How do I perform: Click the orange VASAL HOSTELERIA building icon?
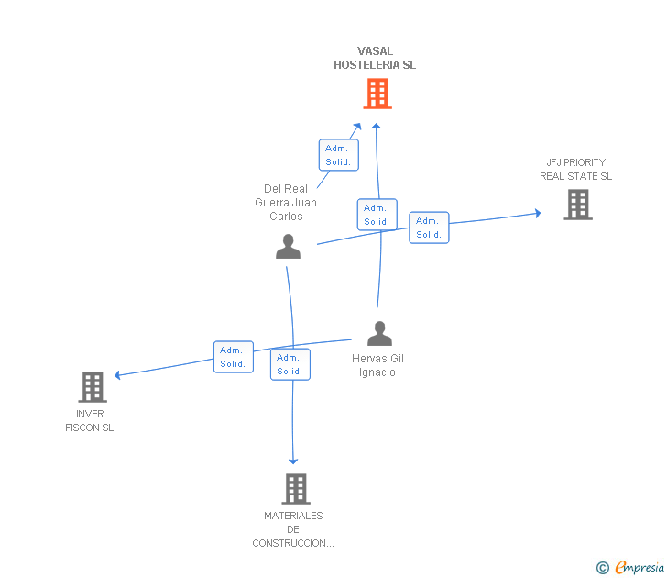(377, 94)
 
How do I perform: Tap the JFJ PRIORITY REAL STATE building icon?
(578, 205)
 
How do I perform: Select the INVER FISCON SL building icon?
(93, 387)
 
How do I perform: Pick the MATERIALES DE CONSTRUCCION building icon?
(296, 489)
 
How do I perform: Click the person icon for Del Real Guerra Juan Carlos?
(288, 246)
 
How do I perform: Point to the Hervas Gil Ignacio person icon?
(379, 333)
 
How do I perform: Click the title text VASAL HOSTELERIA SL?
(375, 58)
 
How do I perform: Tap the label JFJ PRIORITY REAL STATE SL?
(576, 169)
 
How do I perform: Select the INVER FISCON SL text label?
(90, 420)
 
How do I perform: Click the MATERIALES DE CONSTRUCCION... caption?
(293, 529)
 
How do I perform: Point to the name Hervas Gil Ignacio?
(377, 365)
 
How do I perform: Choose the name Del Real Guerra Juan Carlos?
(286, 203)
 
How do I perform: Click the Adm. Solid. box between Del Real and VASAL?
(339, 155)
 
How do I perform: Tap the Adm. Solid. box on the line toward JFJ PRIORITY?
(429, 228)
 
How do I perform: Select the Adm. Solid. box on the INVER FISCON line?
(234, 357)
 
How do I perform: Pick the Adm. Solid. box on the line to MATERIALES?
(290, 364)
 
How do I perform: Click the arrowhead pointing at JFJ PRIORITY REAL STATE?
(538, 213)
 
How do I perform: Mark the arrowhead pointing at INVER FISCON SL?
(117, 375)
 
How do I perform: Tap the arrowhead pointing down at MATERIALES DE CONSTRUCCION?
(293, 461)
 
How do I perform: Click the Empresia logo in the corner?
(630, 567)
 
